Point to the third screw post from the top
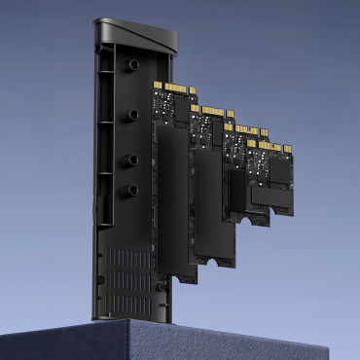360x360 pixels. coord(129,158)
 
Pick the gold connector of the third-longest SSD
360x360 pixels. coord(243,129)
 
